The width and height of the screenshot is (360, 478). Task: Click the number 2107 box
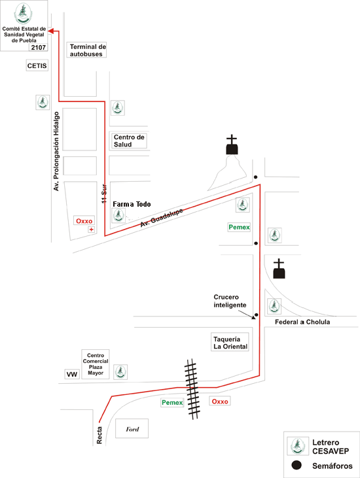pyautogui.click(x=39, y=47)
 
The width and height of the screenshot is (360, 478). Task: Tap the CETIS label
pyautogui.click(x=37, y=65)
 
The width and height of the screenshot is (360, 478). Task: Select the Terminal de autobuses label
pyautogui.click(x=86, y=50)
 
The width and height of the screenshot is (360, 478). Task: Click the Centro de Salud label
pyautogui.click(x=128, y=141)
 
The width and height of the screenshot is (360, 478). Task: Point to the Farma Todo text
pyautogui.click(x=132, y=204)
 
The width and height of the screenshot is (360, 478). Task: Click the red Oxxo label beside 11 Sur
pyautogui.click(x=84, y=221)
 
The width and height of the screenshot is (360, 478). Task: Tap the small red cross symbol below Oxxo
pyautogui.click(x=91, y=230)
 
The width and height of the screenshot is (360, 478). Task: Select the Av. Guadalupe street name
pyautogui.click(x=162, y=218)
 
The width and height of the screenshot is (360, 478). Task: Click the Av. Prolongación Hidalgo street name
pyautogui.click(x=56, y=151)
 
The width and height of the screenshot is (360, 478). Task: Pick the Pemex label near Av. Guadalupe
pyautogui.click(x=239, y=227)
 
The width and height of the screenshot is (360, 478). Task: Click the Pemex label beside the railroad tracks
pyautogui.click(x=172, y=402)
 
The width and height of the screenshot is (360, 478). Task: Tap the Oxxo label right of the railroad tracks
pyautogui.click(x=220, y=401)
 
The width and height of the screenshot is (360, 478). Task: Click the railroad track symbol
pyautogui.click(x=192, y=388)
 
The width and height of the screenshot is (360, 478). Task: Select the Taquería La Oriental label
pyautogui.click(x=230, y=343)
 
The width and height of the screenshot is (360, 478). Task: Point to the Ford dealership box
pyautogui.click(x=132, y=428)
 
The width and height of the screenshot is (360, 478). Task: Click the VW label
pyautogui.click(x=72, y=374)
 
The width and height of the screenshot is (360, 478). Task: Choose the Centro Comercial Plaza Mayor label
pyautogui.click(x=96, y=364)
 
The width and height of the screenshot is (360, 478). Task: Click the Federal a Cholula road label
pyautogui.click(x=302, y=322)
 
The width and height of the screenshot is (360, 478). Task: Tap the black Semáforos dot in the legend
pyautogui.click(x=297, y=465)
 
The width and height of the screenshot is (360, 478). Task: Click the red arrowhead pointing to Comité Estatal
pyautogui.click(x=51, y=31)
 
